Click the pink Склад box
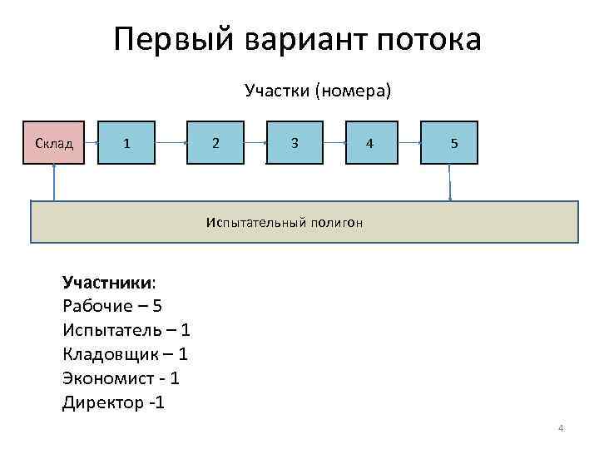coord(55,142)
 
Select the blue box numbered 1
coord(126,142)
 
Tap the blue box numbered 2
coord(215,142)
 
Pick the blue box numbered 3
coord(295,142)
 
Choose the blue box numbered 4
coord(370,142)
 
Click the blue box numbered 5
coord(449,142)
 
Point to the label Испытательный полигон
coord(284,222)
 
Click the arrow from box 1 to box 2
coord(171,142)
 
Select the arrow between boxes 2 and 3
coord(255,142)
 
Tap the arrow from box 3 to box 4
coord(334,142)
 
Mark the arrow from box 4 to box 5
coord(408,142)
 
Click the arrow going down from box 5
coord(449,182)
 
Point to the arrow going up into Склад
coord(54,182)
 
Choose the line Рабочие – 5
coord(112,306)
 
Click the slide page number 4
coord(561,428)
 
